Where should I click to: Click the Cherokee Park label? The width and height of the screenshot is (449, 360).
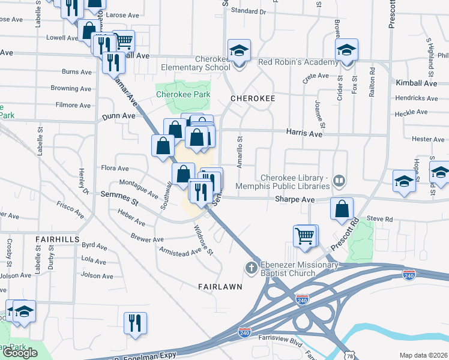click(x=183, y=94)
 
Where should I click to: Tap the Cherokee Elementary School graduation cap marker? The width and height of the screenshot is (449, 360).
click(x=238, y=52)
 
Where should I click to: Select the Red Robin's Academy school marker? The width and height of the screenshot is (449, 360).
click(x=346, y=51)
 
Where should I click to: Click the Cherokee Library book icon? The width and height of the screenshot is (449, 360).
click(x=339, y=180)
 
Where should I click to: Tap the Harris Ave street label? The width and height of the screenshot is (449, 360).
click(x=304, y=134)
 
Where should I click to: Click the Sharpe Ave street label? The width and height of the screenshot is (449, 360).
click(x=295, y=199)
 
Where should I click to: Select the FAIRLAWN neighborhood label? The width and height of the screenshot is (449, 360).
click(x=220, y=287)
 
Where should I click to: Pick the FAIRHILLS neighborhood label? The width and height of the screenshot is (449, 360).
click(x=58, y=239)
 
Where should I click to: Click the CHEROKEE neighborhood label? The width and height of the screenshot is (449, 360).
click(x=253, y=98)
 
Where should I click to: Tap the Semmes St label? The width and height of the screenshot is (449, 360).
click(x=119, y=199)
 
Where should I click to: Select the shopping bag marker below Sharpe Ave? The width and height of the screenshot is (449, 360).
click(x=342, y=209)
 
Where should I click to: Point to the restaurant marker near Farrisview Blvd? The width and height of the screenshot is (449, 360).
click(x=135, y=323)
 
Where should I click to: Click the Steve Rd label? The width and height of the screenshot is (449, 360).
click(x=379, y=219)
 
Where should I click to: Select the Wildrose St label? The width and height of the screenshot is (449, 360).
click(x=203, y=239)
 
